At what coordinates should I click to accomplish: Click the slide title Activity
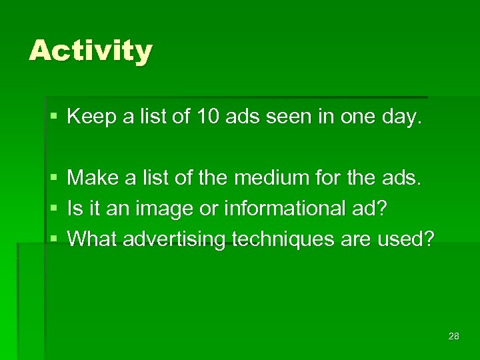[91, 51]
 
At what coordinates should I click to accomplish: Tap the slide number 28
[454, 336]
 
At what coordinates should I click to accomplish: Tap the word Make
[92, 177]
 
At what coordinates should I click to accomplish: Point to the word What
[91, 238]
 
